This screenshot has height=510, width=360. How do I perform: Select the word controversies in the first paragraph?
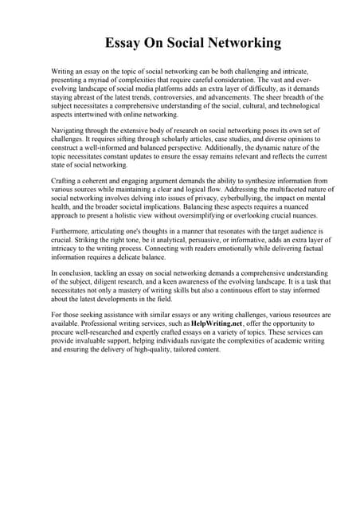pyautogui.click(x=194, y=96)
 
